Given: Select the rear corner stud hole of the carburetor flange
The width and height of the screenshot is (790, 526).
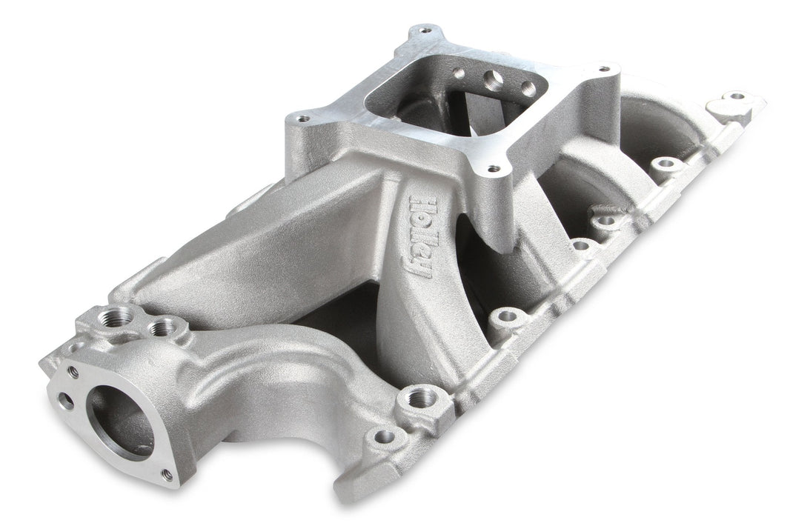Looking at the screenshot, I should click(x=425, y=30).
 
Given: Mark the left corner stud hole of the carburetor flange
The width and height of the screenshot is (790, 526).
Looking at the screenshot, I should click(x=302, y=117).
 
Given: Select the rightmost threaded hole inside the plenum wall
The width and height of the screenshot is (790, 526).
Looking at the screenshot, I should click(x=528, y=89).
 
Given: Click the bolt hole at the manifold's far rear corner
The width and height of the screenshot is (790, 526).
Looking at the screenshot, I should click(x=736, y=96).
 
